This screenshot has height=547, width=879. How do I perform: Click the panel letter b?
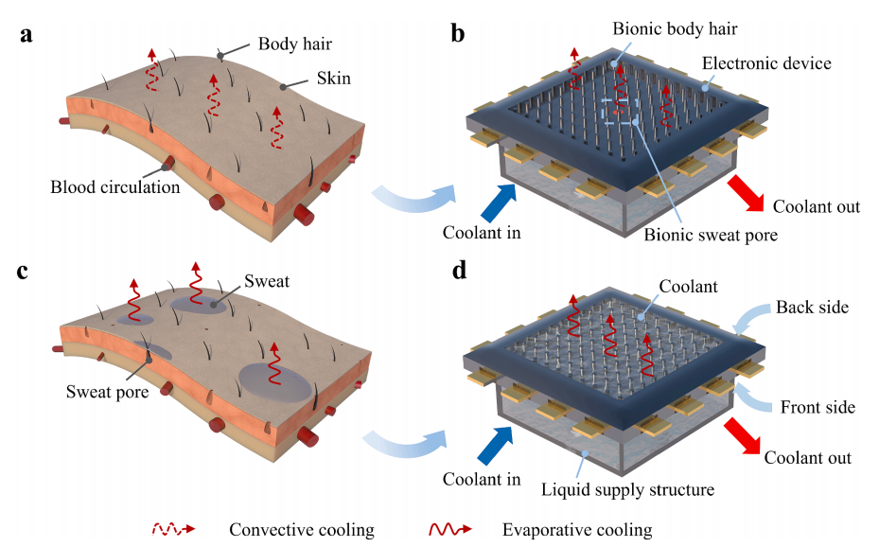pos(458,36)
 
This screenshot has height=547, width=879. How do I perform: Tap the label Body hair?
pos(295,44)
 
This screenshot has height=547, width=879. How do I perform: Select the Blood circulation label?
pos(114,186)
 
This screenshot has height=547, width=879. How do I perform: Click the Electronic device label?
pos(766,63)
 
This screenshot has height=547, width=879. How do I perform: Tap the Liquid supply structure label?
pos(627,489)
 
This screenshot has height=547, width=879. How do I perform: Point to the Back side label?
pos(813,308)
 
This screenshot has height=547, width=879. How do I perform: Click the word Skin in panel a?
pos(332,79)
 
